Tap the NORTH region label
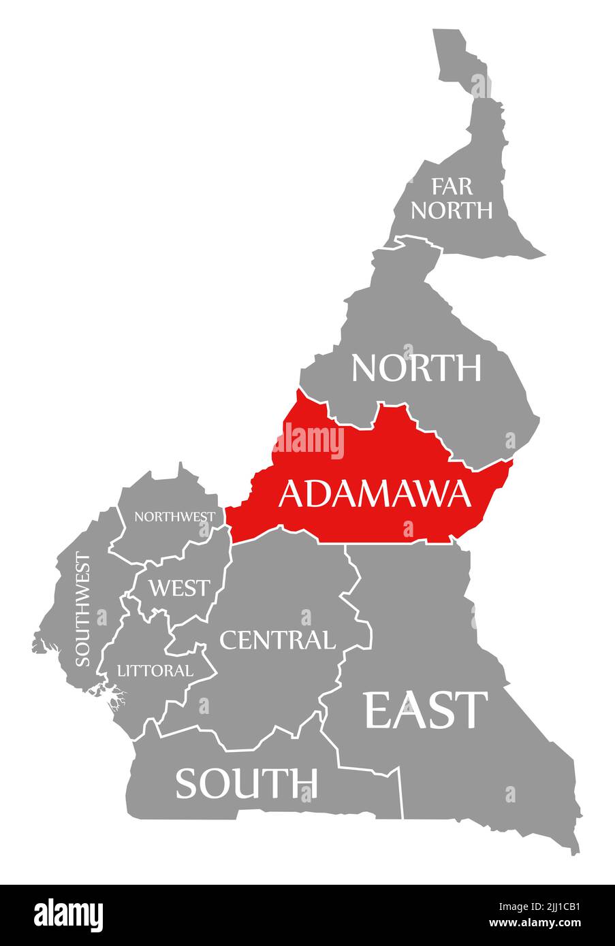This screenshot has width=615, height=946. click(x=416, y=368)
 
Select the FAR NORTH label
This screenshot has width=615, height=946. click(x=452, y=198)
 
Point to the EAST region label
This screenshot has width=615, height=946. click(x=426, y=710)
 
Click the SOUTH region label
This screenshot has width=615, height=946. click(x=247, y=783)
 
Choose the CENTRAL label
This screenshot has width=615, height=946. click(x=277, y=640)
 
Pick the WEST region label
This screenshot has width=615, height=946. click(x=180, y=587)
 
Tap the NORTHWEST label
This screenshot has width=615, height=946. click(x=175, y=517)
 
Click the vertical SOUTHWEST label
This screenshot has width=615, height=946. click(x=82, y=610)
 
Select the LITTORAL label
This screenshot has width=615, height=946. click(x=155, y=670)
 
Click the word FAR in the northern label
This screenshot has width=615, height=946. click(x=452, y=186)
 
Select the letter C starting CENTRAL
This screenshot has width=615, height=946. click(x=228, y=640)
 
